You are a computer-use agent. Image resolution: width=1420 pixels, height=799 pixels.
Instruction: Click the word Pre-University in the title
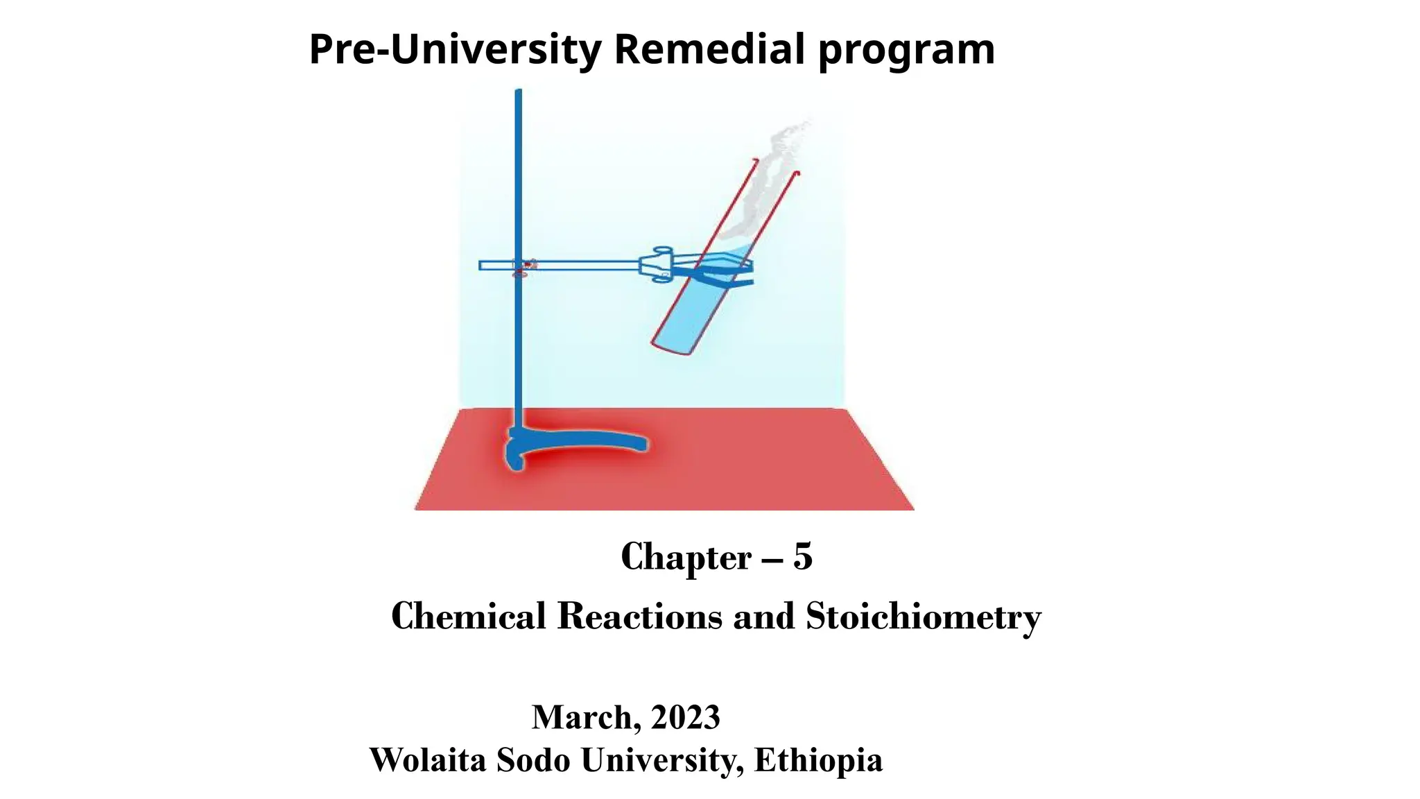pos(455,50)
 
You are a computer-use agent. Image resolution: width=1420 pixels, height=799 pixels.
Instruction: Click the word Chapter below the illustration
pos(686,557)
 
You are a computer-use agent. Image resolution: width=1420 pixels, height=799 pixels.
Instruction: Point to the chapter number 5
pos(802,556)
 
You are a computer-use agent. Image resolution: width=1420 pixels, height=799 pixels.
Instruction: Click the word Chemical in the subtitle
pos(469,616)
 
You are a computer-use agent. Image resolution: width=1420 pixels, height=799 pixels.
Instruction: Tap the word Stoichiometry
pos(923,617)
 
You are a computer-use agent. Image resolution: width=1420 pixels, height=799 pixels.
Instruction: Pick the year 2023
pos(686,717)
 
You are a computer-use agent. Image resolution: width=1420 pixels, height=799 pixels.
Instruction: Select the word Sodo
pos(533,759)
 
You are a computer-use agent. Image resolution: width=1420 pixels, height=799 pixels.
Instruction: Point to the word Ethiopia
pos(818,761)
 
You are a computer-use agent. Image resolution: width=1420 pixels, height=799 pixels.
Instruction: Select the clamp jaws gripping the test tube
pos(721,270)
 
